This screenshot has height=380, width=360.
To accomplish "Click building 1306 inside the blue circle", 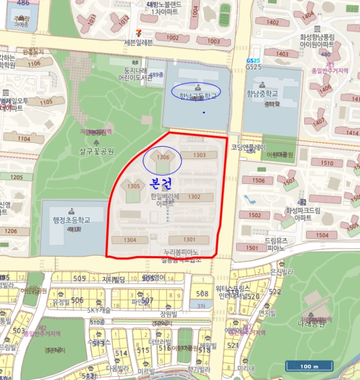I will [163, 157].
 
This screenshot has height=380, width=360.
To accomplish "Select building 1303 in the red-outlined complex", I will [199, 155].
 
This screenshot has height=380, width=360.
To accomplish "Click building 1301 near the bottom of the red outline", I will [189, 239].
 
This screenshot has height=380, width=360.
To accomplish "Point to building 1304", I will [130, 239].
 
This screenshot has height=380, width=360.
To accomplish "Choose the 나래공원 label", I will [311, 324].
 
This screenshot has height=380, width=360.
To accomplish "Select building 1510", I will [327, 163].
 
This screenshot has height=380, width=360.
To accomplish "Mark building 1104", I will [24, 138].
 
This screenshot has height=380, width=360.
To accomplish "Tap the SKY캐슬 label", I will [98, 310].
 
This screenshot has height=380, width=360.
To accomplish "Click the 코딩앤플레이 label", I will [248, 147].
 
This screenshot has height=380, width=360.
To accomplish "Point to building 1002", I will [172, 37].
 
